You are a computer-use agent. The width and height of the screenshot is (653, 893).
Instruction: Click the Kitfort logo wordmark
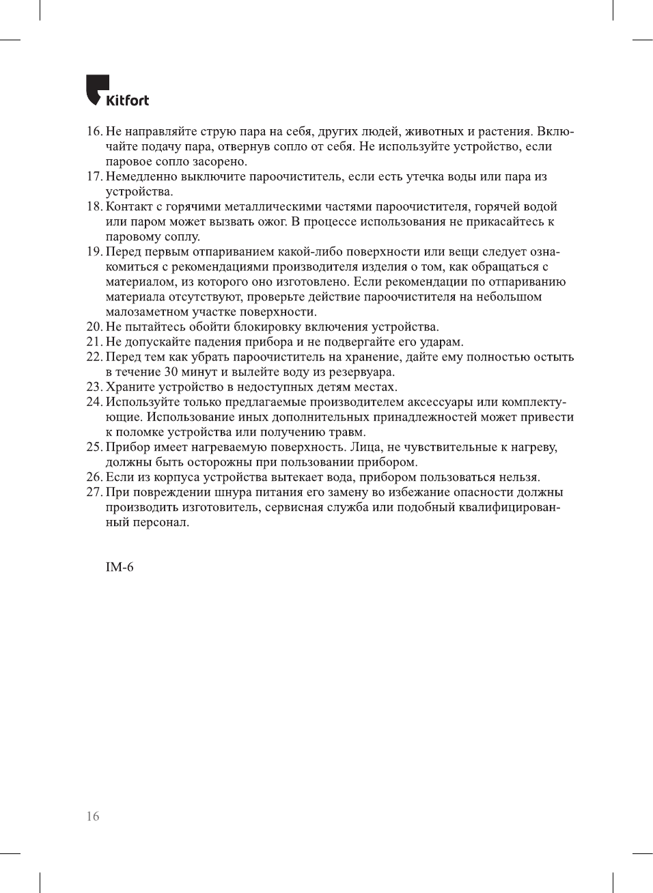(127, 100)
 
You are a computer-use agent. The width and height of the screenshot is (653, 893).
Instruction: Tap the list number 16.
(94, 131)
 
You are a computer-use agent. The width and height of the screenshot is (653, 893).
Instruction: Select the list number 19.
(94, 251)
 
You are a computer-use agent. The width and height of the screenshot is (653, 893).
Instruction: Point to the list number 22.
(94, 357)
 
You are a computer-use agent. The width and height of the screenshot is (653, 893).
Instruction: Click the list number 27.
(94, 492)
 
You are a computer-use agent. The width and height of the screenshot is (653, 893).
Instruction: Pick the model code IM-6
(120, 567)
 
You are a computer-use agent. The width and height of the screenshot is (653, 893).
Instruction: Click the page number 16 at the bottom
(93, 816)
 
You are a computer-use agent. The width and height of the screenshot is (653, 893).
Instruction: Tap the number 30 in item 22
(172, 372)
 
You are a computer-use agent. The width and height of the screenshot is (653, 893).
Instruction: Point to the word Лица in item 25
(365, 447)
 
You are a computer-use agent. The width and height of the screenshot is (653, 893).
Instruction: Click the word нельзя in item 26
(518, 477)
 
